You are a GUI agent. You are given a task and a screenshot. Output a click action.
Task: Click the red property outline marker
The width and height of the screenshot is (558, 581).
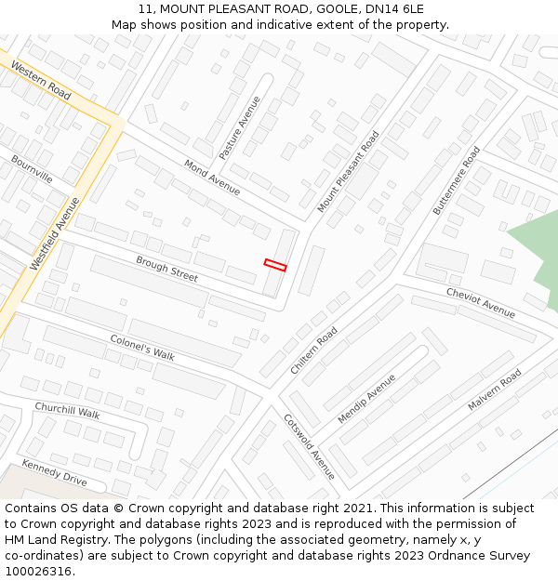pyautogui.click(x=275, y=265)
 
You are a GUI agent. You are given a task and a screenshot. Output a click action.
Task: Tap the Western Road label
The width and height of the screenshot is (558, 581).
pyautogui.click(x=42, y=82)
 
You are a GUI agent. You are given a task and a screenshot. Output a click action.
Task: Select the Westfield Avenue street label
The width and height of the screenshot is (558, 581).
pyautogui.click(x=55, y=233)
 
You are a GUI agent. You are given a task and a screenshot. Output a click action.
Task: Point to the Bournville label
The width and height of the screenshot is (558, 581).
pyautogui.click(x=33, y=169)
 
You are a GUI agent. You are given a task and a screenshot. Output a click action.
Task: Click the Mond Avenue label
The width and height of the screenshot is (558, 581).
pyautogui.click(x=212, y=178)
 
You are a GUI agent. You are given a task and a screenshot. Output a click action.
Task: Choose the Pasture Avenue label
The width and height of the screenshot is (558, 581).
pyautogui.click(x=240, y=127)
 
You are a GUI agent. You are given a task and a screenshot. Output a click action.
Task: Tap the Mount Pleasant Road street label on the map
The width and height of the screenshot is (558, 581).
pyautogui.click(x=349, y=171)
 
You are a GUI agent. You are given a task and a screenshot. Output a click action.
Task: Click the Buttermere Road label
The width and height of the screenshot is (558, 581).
pyautogui.click(x=457, y=180)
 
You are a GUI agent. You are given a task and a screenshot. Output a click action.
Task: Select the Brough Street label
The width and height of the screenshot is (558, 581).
pyautogui.click(x=166, y=269)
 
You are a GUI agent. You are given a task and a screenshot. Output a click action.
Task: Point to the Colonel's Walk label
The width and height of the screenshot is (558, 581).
pyautogui.click(x=142, y=349)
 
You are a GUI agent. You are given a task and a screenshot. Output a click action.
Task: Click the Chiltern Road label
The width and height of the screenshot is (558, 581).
pyautogui.click(x=314, y=350)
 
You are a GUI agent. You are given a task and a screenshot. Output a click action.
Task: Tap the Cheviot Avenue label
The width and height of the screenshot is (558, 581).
pyautogui.click(x=480, y=302)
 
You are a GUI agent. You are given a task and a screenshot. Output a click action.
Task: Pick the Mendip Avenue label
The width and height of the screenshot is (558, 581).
pyautogui.click(x=366, y=399)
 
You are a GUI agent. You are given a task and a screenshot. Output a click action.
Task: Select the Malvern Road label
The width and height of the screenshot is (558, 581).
pyautogui.click(x=495, y=390)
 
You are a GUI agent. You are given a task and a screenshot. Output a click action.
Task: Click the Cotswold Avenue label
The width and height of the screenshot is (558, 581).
pyautogui.click(x=309, y=446)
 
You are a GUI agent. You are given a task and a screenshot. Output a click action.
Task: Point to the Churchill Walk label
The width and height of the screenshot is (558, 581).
pyautogui.click(x=67, y=410)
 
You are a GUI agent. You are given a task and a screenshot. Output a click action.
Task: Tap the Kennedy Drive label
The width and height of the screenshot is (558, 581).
pyautogui.click(x=54, y=472)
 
